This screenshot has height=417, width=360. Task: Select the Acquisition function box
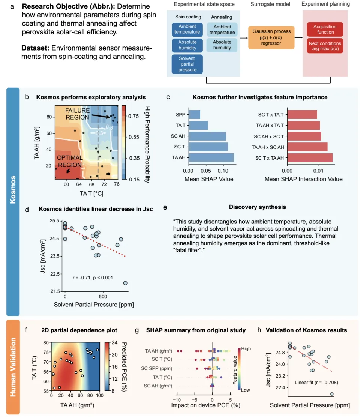coord(325,29)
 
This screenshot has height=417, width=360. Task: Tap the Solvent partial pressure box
coord(187,64)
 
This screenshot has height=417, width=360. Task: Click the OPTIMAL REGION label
coord(69,161)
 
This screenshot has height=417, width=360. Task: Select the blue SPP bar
coord(194,114)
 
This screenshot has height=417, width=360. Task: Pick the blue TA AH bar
coord(211,157)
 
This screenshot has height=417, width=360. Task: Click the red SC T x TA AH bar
coord(310,157)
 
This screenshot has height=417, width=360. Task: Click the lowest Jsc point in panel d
coord(125,283)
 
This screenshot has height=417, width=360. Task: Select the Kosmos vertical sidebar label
coord(13,201)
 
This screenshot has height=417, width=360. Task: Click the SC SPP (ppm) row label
coord(158,368)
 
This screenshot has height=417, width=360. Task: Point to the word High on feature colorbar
coord(246,349)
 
